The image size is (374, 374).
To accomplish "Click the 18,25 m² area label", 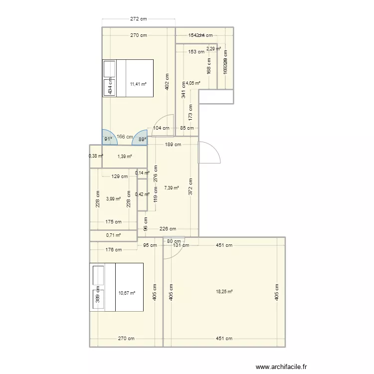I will click(224, 291).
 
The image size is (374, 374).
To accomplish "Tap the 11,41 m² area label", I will click(138, 84).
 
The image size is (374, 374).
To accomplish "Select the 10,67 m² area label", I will click(126, 293).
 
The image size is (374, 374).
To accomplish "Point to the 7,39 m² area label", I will click(171, 188).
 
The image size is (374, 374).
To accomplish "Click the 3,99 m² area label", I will click(114, 198).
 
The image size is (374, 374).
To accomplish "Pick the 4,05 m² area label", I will click(193, 83).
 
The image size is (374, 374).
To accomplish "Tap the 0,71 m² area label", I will click(114, 235).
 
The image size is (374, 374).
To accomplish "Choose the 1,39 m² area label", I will click(125, 157).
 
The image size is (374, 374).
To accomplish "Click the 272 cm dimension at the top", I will click(139, 19).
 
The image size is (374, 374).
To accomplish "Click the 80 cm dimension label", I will click(174, 241).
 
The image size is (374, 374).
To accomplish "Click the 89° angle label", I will click(142, 140).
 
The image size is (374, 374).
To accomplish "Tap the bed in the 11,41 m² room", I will click(128, 77).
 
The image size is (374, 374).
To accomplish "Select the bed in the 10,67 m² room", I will click(117, 287).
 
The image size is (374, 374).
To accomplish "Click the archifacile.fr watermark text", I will click(282, 367).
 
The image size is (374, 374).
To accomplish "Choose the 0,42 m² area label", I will click(142, 194).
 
